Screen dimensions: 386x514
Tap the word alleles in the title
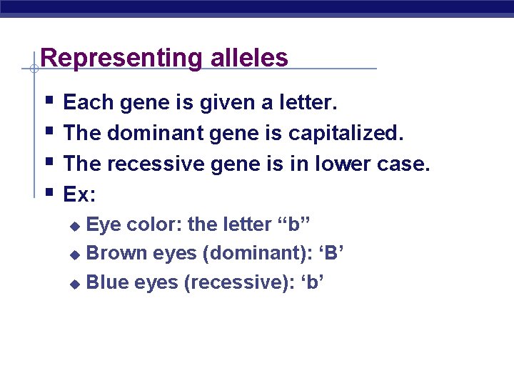tap(249, 58)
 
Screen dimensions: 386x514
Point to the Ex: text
tap(78, 194)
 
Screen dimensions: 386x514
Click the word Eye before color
tap(103, 224)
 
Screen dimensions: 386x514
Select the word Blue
tap(108, 283)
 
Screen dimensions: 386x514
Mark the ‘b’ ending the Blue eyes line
tap(313, 283)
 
